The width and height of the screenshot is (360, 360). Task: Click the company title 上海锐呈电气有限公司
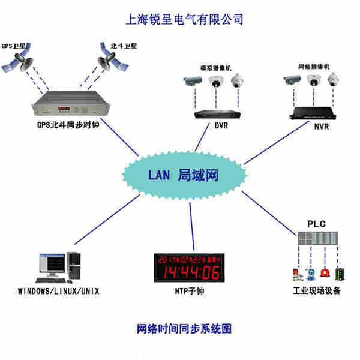pos(183,19)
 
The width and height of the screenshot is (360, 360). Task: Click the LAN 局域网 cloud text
pos(184,175)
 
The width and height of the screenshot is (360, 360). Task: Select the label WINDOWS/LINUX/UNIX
pos(58,292)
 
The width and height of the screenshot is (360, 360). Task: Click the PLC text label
pos(316,224)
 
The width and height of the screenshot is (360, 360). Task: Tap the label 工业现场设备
pos(316,292)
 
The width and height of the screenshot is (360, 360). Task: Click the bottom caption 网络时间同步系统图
pos(184,329)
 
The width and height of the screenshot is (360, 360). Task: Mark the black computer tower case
pos(74,267)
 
